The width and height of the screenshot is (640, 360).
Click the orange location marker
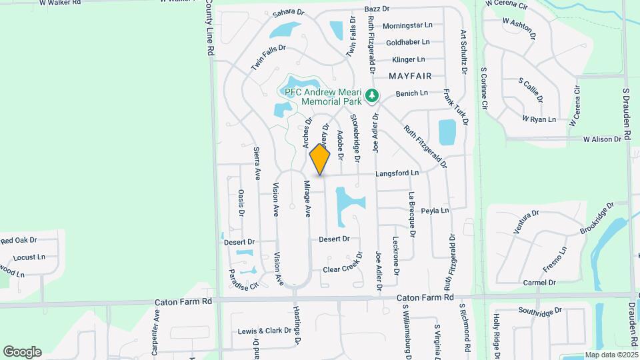[320, 159]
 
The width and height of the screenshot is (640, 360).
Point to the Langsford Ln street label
[397, 173]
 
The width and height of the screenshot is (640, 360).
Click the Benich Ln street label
[411, 94]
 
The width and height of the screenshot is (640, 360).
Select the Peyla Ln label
[435, 211]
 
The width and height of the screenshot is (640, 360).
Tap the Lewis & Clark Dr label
[265, 331]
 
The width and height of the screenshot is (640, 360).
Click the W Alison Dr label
[607, 139]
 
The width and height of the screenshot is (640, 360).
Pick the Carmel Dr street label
[539, 283]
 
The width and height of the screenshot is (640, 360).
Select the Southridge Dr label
[541, 311]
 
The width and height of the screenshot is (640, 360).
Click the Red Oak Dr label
[19, 240]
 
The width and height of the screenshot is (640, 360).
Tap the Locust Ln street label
[29, 257]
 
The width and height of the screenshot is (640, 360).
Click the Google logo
[22, 351]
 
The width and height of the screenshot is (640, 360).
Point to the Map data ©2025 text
[611, 355]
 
